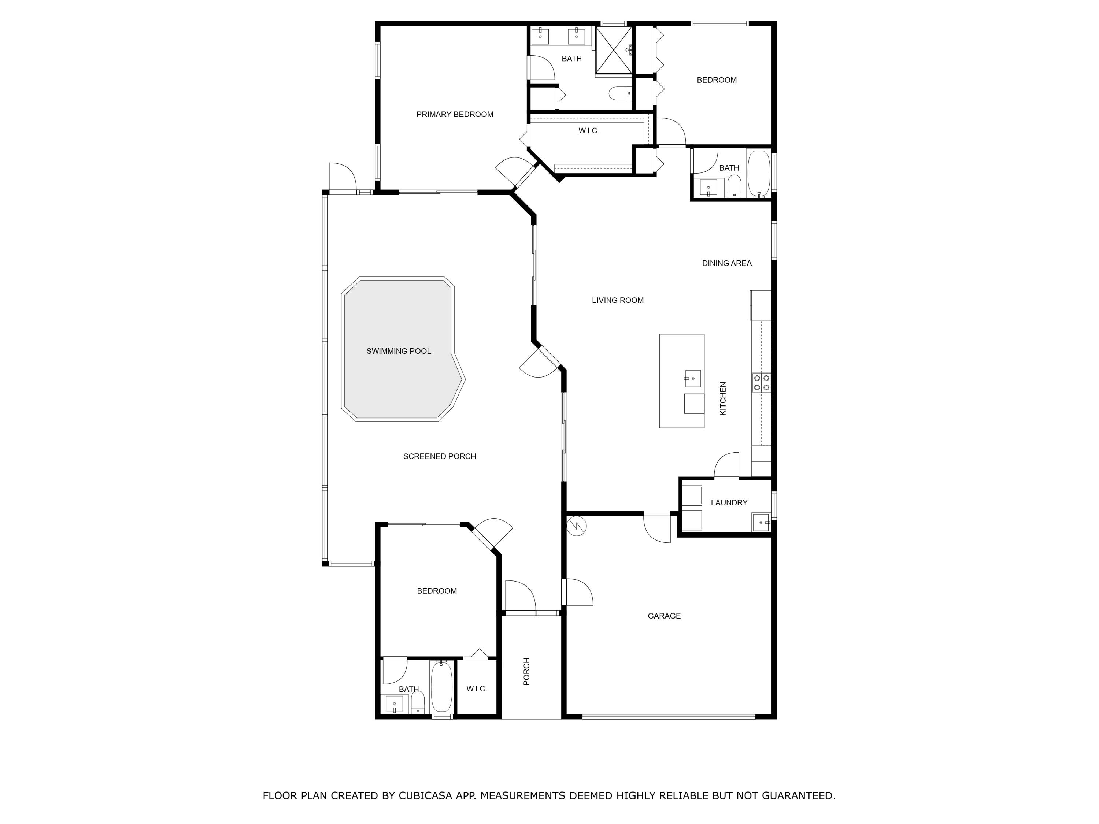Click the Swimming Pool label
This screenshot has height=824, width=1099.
[x=399, y=351]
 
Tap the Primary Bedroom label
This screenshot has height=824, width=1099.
[x=455, y=114]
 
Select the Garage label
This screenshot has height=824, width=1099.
[x=664, y=616]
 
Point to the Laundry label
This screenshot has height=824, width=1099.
[x=729, y=503]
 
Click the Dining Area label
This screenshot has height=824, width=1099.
[x=726, y=263]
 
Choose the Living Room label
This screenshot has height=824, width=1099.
[x=618, y=300]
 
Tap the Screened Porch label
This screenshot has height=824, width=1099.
[x=439, y=456]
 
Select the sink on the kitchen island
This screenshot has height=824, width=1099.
[x=693, y=378]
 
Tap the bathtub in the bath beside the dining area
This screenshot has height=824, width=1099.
[x=758, y=173]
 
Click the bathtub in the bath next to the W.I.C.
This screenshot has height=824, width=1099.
[x=441, y=687]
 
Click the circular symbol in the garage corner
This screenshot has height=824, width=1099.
[x=578, y=525]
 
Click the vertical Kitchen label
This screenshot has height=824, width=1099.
[x=723, y=398]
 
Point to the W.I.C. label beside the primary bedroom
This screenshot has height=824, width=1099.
[x=589, y=131]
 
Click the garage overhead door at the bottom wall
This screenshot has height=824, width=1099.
[x=668, y=717]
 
